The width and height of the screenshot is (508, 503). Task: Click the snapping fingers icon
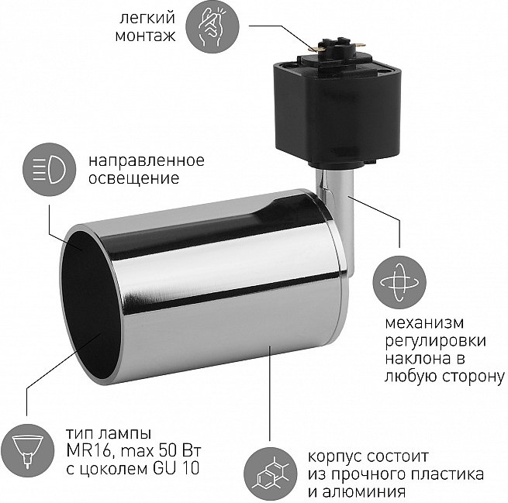tap(213, 26)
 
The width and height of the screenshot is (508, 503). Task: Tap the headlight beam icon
tap(49, 169)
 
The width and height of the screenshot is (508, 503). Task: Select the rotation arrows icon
tap(399, 282)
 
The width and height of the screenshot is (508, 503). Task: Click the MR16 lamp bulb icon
tap(27, 450)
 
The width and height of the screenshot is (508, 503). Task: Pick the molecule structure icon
tap(271, 474)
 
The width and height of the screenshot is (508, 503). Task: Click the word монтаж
tap(146, 36)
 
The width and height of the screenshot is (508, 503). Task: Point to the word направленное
tap(147, 160)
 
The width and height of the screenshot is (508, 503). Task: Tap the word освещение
tap(134, 178)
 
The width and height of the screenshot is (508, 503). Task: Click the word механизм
tap(425, 322)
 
